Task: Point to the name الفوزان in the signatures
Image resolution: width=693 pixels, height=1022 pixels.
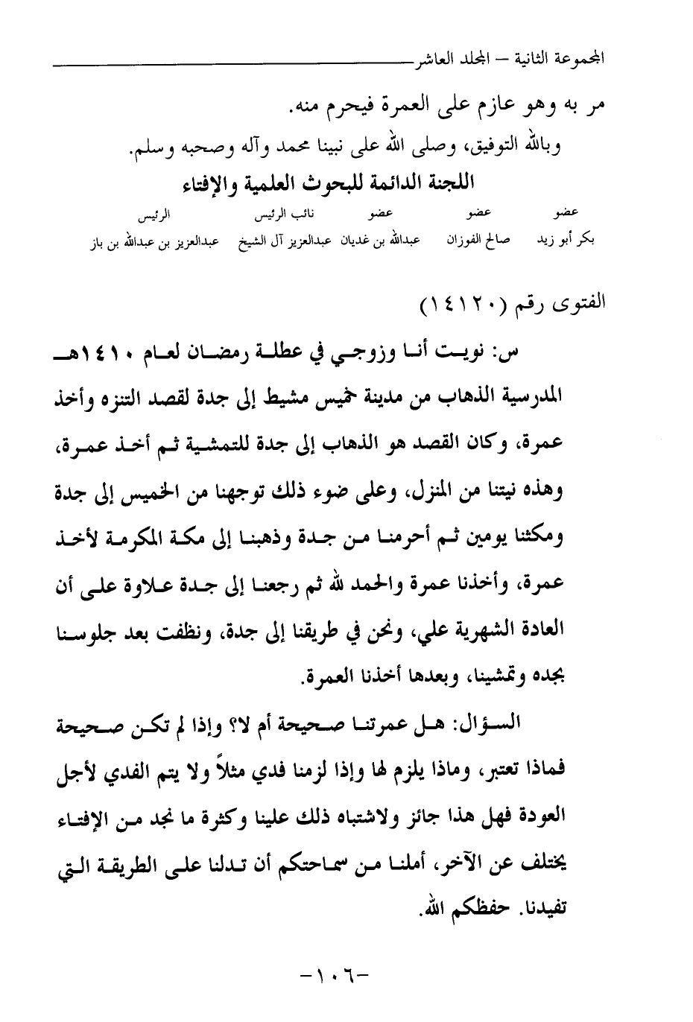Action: coord(467,241)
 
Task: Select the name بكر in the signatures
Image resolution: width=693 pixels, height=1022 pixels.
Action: coord(584,241)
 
